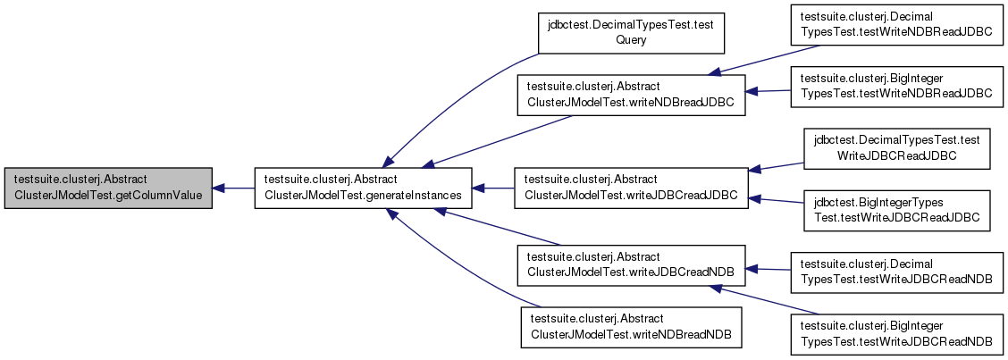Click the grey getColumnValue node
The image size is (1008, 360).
click(x=108, y=188)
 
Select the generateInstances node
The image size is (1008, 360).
click(x=364, y=188)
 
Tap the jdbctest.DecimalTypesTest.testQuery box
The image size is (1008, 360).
click(x=631, y=33)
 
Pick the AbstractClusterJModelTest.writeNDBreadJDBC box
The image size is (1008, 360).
click(x=631, y=96)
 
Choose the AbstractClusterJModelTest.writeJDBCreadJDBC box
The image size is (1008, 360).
click(x=631, y=188)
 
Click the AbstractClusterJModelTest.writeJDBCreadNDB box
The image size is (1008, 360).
click(x=631, y=265)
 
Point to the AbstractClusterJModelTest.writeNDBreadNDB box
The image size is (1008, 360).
click(x=631, y=328)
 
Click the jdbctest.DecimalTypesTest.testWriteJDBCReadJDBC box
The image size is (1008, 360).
click(x=896, y=148)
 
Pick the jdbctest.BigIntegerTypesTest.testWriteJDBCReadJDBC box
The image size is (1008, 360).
click(x=896, y=210)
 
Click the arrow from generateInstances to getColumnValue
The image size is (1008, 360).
click(x=234, y=188)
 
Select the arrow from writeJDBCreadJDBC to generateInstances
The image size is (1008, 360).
click(x=493, y=188)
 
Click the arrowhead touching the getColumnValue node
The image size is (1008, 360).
click(x=218, y=188)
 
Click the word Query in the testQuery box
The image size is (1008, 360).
click(x=631, y=40)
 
